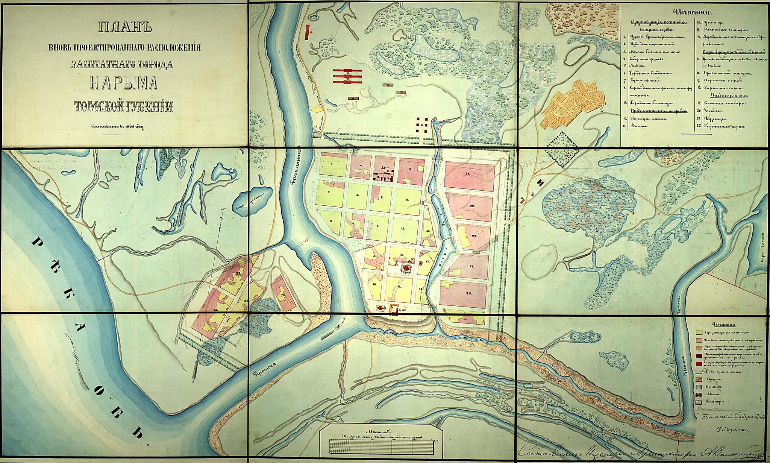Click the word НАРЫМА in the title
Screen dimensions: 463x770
(124, 83)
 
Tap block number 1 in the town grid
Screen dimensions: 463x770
(332, 164)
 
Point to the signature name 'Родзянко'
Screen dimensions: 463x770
(731, 428)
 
